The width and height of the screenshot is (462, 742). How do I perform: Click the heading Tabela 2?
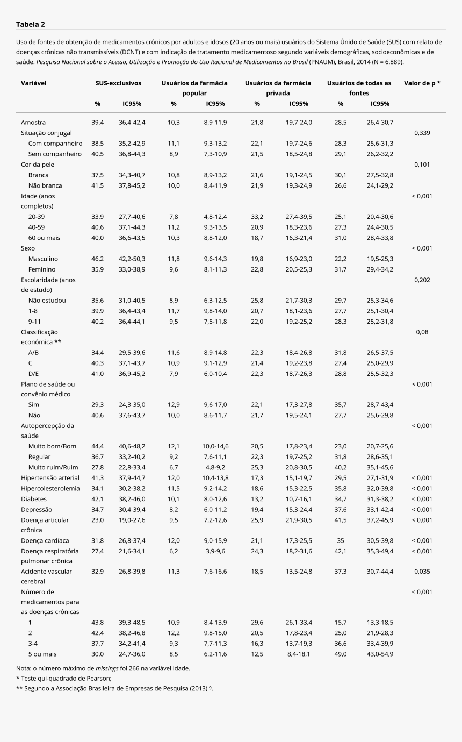(31, 24)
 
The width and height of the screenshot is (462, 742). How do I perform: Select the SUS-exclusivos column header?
(118, 83)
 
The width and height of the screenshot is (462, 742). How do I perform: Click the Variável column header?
(33, 83)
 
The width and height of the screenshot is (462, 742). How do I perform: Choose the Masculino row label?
(43, 259)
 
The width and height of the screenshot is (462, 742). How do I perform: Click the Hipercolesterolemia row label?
(50, 489)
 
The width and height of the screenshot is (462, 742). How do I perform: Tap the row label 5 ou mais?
(42, 654)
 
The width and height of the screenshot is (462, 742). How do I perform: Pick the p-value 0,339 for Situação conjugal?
(422, 133)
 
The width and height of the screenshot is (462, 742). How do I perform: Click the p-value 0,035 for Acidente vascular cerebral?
(422, 572)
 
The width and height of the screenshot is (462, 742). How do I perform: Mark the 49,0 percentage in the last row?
(341, 654)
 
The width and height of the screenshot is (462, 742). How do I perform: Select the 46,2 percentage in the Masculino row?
(97, 259)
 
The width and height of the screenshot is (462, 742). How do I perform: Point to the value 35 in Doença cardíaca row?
(341, 540)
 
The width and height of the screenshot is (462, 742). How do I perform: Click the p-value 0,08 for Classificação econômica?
(422, 332)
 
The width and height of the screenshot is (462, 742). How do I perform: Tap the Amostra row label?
(33, 123)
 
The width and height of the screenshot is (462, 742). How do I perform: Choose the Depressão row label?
(37, 509)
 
